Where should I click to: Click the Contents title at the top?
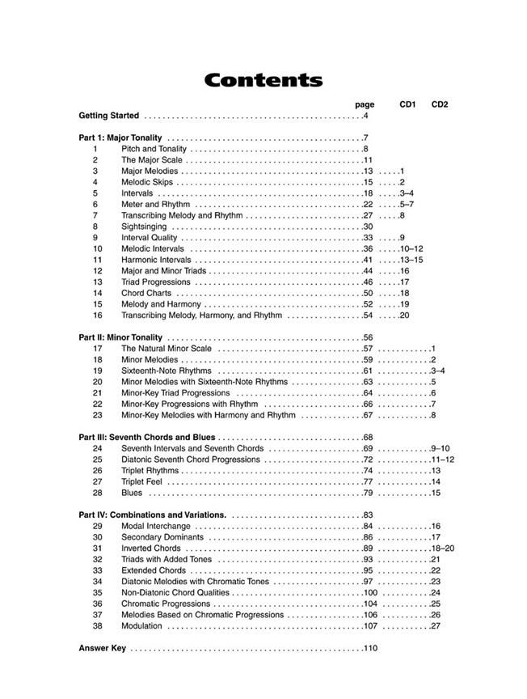click(263, 81)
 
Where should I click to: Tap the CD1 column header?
click(407, 104)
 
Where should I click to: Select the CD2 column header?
click(440, 104)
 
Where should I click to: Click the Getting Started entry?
click(109, 116)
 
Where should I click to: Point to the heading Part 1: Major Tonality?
click(120, 138)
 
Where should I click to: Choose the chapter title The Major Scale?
click(150, 160)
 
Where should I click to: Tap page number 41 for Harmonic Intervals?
click(368, 260)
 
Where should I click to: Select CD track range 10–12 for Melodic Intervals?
click(411, 249)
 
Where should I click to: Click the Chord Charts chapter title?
click(146, 293)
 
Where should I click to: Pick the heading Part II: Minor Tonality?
click(120, 337)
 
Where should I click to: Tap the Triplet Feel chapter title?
click(144, 481)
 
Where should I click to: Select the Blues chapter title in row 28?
click(132, 493)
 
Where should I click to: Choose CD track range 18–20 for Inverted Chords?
click(442, 548)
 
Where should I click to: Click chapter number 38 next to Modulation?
click(97, 625)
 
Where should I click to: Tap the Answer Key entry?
click(102, 648)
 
